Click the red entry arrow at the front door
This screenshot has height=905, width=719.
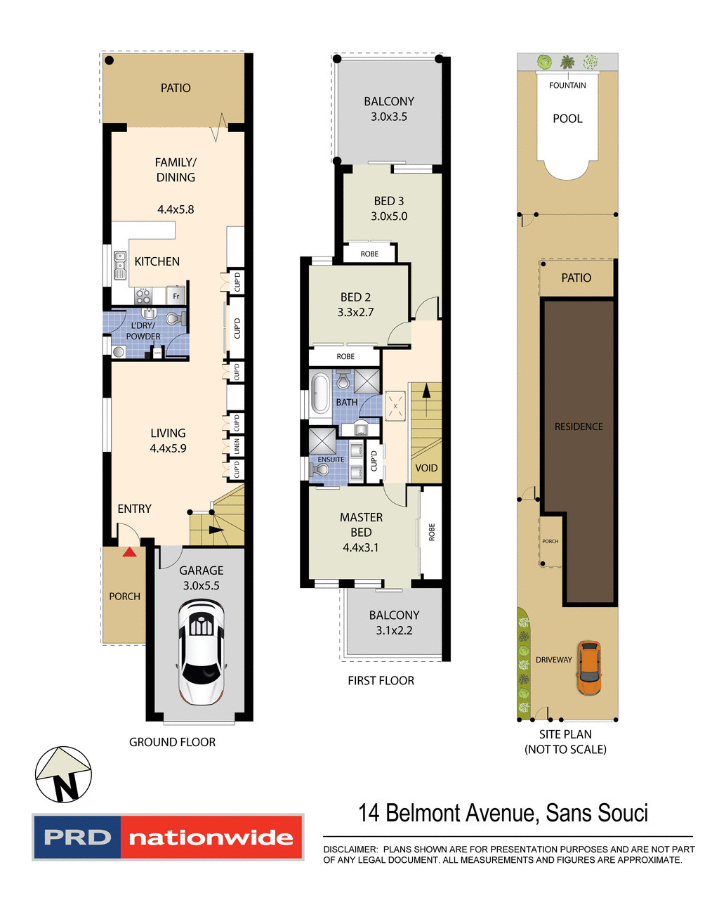pos(130,552)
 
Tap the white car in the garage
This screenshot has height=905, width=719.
pos(202,651)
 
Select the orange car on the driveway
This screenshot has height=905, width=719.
pos(588,668)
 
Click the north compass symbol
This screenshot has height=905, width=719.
pos(64,774)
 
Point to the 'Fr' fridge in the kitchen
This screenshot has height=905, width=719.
pos(176,296)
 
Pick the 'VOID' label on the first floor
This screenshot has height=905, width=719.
pos(426,468)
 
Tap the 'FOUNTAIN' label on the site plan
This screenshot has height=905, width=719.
pos(567,86)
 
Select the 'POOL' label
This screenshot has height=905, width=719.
pos(567,119)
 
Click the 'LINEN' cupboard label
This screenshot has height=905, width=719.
pos(237,446)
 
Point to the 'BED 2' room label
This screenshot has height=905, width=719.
pos(355,297)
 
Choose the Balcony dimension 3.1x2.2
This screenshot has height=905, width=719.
pos(394,630)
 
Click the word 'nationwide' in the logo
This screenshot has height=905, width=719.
pos(211,838)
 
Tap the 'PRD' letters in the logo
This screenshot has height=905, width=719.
pos(77,838)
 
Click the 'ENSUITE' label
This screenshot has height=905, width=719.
pos(331,460)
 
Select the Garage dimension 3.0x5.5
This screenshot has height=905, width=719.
pos(202,585)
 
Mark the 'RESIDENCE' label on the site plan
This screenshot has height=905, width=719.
pos(579,427)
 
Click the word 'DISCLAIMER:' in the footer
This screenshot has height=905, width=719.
pos(350,849)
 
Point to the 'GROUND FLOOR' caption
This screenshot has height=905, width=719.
pos(172,742)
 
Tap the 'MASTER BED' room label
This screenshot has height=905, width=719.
pos(361,525)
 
